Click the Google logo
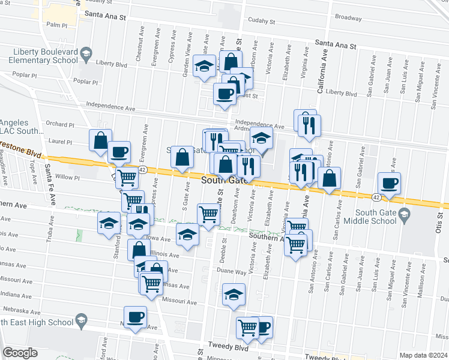[20, 353]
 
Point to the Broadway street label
[348, 17]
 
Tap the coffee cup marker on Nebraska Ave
[135, 317]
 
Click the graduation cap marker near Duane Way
[234, 295]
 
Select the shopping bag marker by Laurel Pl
[100, 140]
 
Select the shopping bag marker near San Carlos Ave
[330, 178]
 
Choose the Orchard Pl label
[60, 125]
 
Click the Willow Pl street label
[67, 178]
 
